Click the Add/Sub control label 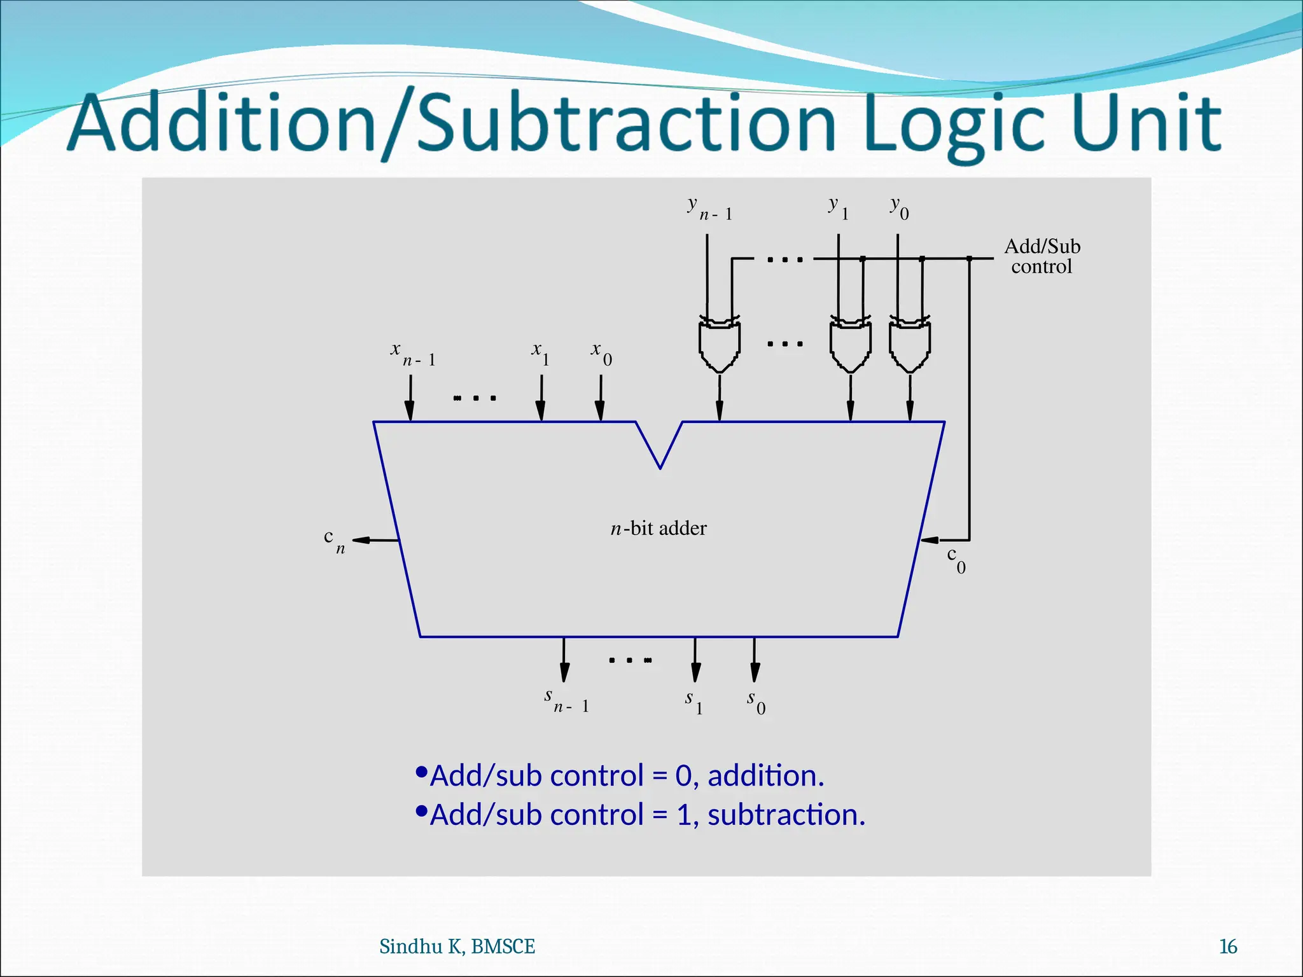point(1042,256)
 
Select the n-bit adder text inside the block point(658,529)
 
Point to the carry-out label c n point(334,541)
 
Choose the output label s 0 point(756,702)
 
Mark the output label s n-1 point(566,701)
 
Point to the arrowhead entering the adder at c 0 point(930,540)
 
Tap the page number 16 point(1227,946)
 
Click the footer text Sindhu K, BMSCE point(457,946)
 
